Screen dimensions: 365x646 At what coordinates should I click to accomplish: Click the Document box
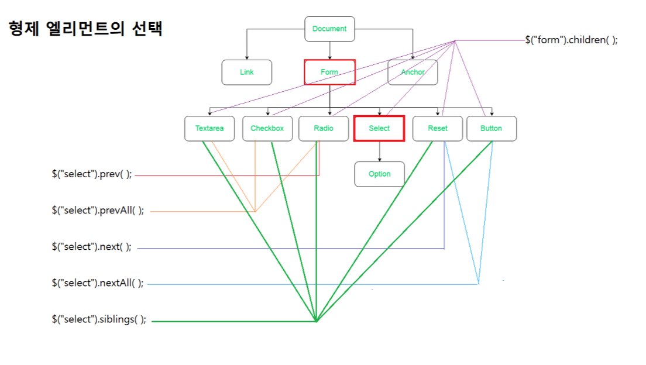tap(329, 29)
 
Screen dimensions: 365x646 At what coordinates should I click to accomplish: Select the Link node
tap(246, 73)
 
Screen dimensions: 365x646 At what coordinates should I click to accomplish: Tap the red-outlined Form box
tap(329, 72)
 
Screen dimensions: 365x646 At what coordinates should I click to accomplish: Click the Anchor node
tap(413, 73)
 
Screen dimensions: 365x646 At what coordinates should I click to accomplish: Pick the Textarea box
tap(209, 129)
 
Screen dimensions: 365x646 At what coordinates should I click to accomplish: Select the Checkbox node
tap(267, 129)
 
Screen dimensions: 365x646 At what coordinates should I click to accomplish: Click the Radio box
tap(324, 129)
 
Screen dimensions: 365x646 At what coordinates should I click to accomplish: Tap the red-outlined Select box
tap(379, 129)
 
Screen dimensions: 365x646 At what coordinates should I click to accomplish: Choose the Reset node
tap(438, 129)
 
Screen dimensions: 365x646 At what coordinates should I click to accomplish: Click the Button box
tap(492, 129)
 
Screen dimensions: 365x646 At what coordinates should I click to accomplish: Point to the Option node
tap(379, 174)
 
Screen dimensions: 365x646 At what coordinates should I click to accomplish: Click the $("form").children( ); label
tap(571, 40)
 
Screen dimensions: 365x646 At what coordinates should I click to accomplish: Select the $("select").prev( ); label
tap(92, 174)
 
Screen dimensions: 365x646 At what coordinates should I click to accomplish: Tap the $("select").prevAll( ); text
tap(97, 211)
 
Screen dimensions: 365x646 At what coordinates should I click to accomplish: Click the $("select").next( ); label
tap(91, 247)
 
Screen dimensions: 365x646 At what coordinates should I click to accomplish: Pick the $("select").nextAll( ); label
tap(97, 283)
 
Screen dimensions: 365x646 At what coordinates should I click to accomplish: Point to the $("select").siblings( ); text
tap(98, 320)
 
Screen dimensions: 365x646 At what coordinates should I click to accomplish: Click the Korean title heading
tap(85, 29)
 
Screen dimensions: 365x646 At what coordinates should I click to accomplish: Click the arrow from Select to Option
tap(379, 151)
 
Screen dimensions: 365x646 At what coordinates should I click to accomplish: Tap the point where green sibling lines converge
tap(317, 321)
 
